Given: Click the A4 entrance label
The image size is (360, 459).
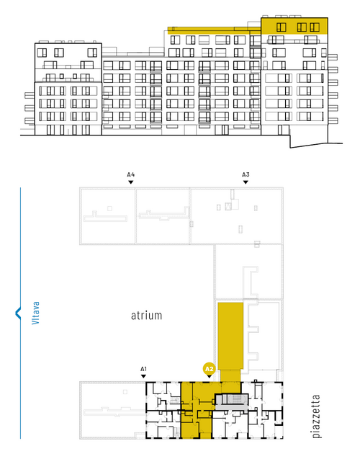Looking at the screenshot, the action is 131,175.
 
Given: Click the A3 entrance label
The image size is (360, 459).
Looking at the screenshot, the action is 246,175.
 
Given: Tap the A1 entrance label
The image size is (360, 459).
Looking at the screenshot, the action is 143,369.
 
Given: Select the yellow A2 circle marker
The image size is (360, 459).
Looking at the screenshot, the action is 209,369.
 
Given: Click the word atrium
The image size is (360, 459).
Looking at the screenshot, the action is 146,316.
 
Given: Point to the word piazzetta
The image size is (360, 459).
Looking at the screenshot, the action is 316,416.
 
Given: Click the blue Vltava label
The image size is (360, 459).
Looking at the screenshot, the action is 35,313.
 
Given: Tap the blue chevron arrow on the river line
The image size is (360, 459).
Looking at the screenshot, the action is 18,313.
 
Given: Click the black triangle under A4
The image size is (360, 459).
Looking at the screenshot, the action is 131,182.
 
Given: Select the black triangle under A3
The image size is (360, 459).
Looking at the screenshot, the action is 246,182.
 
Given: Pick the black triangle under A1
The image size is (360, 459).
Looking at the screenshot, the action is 143,376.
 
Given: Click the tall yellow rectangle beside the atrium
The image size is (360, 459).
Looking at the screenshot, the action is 230,336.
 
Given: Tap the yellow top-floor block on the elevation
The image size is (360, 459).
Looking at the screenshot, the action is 294,27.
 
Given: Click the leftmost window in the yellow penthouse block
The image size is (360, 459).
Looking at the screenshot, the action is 281,27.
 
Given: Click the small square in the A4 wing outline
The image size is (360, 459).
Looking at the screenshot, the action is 109,208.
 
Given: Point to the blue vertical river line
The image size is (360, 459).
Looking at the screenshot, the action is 20,313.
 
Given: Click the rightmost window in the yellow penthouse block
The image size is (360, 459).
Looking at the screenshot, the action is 315,27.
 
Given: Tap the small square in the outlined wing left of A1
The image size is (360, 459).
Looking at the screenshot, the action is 125,392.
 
